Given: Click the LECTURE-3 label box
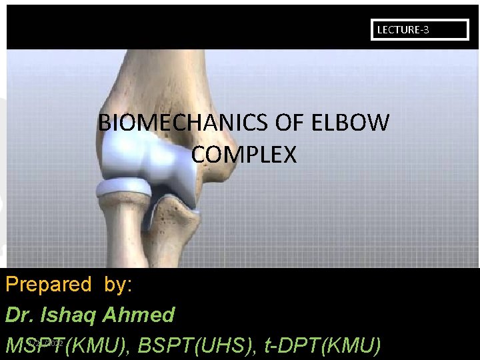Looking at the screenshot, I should pyautogui.click(x=419, y=30).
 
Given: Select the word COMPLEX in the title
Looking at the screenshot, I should pyautogui.click(x=243, y=155).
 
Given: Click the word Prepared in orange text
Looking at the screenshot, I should pyautogui.click(x=48, y=285).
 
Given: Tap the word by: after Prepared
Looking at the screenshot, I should pyautogui.click(x=118, y=285).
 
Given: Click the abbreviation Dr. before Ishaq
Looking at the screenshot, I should pyautogui.click(x=20, y=315).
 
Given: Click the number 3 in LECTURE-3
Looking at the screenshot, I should pyautogui.click(x=426, y=30).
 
